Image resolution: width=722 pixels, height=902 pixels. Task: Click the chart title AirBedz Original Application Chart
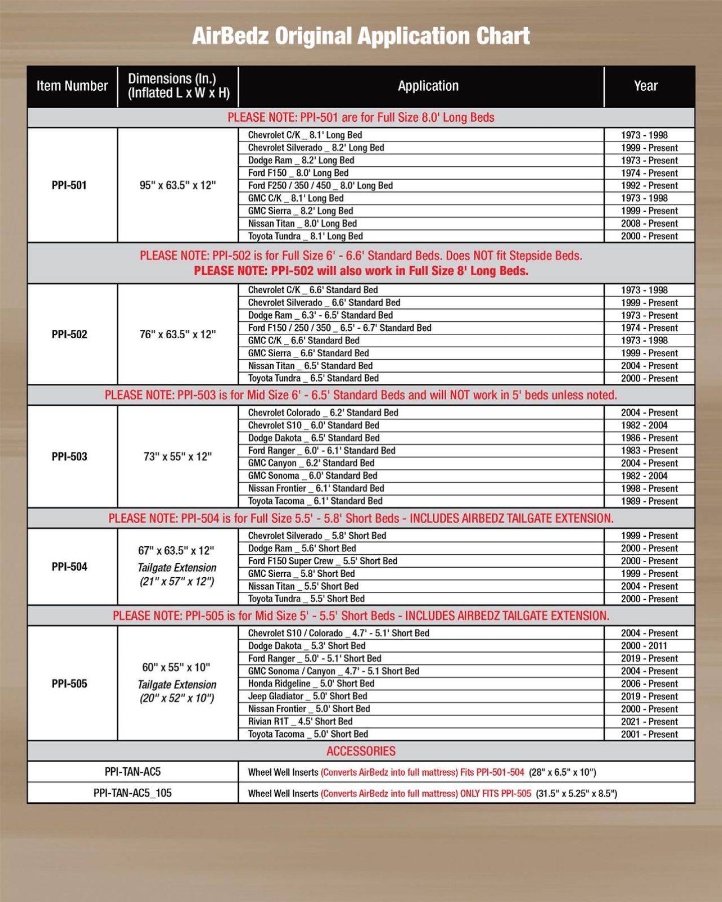tap(361, 36)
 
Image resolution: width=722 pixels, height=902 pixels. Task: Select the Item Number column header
tap(72, 86)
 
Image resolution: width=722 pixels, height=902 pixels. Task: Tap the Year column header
tap(645, 86)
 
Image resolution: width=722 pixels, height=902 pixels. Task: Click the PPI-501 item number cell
tap(69, 185)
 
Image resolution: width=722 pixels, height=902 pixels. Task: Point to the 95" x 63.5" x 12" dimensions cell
tap(177, 185)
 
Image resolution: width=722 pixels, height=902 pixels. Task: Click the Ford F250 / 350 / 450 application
tap(320, 185)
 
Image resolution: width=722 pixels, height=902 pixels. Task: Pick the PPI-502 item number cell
tap(69, 334)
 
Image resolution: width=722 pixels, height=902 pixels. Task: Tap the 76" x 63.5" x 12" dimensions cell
tap(177, 334)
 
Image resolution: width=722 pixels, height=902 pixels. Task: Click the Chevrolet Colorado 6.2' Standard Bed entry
tap(323, 412)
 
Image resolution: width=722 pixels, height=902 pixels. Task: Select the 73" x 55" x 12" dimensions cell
tap(177, 457)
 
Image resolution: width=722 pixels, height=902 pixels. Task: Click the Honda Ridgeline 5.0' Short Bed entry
tap(311, 684)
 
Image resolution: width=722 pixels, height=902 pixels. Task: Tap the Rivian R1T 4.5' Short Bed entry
tap(300, 721)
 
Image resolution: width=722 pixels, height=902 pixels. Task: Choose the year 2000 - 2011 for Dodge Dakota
tap(644, 646)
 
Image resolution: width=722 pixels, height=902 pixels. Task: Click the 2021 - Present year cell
tap(649, 722)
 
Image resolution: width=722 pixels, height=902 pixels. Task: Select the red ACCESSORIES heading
tap(361, 751)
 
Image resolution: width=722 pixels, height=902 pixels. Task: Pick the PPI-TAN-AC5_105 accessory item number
tap(132, 793)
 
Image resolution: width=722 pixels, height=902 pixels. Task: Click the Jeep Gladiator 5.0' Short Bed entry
tap(307, 696)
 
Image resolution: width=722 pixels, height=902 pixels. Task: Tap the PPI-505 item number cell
tap(69, 684)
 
